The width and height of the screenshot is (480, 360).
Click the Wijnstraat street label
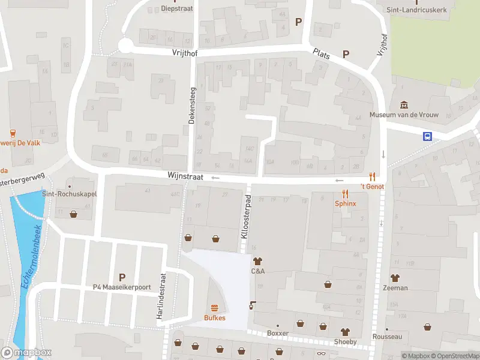click(185, 177)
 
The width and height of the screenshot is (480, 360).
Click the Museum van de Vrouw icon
click(404, 104)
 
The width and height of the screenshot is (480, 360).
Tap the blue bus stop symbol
click(428, 136)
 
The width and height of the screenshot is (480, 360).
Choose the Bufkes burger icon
click(214, 308)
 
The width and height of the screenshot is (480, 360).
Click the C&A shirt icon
click(258, 261)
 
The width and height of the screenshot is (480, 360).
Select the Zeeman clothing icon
click(395, 278)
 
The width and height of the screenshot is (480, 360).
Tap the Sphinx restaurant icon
click(345, 194)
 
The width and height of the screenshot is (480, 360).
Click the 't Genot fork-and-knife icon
click(373, 176)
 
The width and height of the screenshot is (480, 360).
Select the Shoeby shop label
click(345, 342)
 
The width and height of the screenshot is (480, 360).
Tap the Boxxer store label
click(278, 334)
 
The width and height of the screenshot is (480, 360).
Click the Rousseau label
click(387, 337)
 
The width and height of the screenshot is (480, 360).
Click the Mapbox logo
click(26, 353)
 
